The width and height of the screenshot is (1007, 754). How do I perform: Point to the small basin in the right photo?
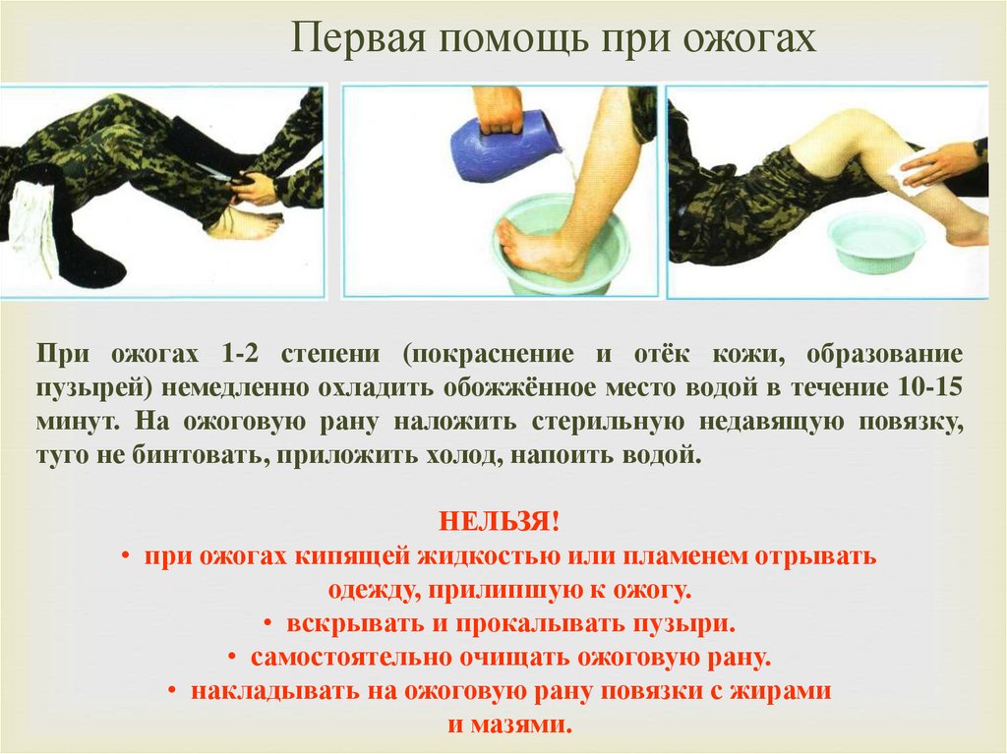(x=876, y=241)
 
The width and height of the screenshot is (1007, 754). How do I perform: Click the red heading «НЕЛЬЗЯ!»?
(x=500, y=521)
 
